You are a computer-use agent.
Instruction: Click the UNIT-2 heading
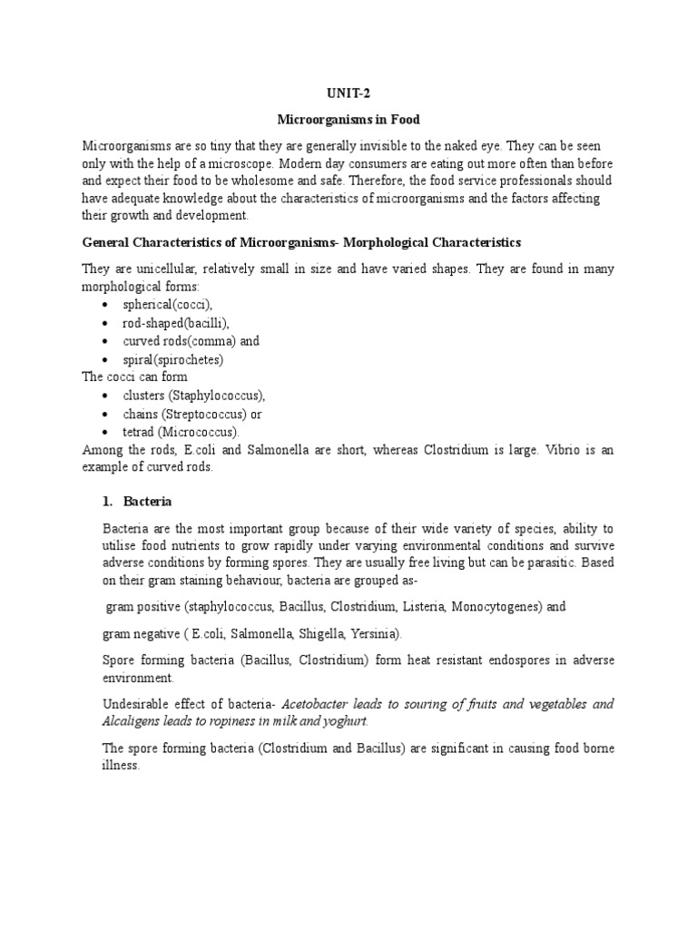pyautogui.click(x=348, y=93)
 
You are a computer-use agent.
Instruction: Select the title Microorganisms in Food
pyautogui.click(x=348, y=120)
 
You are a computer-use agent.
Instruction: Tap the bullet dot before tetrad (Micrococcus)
pyautogui.click(x=105, y=432)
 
